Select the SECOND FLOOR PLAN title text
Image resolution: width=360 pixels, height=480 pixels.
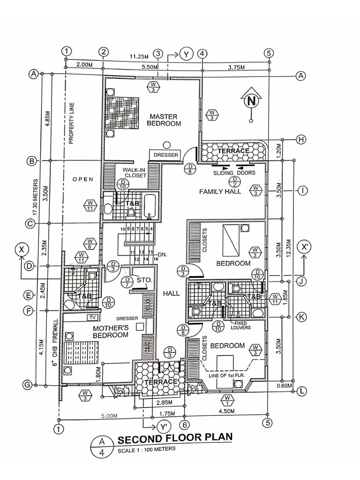click(x=174, y=438)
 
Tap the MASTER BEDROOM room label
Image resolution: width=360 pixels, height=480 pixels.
click(x=164, y=120)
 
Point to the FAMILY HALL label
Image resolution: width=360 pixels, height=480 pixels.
click(x=220, y=191)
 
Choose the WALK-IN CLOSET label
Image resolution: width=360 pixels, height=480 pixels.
click(x=135, y=172)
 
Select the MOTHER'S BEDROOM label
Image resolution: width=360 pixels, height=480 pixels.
click(x=111, y=331)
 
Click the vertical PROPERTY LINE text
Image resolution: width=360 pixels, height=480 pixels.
click(x=72, y=121)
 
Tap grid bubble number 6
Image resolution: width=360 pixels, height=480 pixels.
click(x=185, y=425)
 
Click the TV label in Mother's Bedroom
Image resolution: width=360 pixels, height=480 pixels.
click(x=91, y=317)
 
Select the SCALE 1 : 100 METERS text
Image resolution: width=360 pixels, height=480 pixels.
click(x=146, y=449)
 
